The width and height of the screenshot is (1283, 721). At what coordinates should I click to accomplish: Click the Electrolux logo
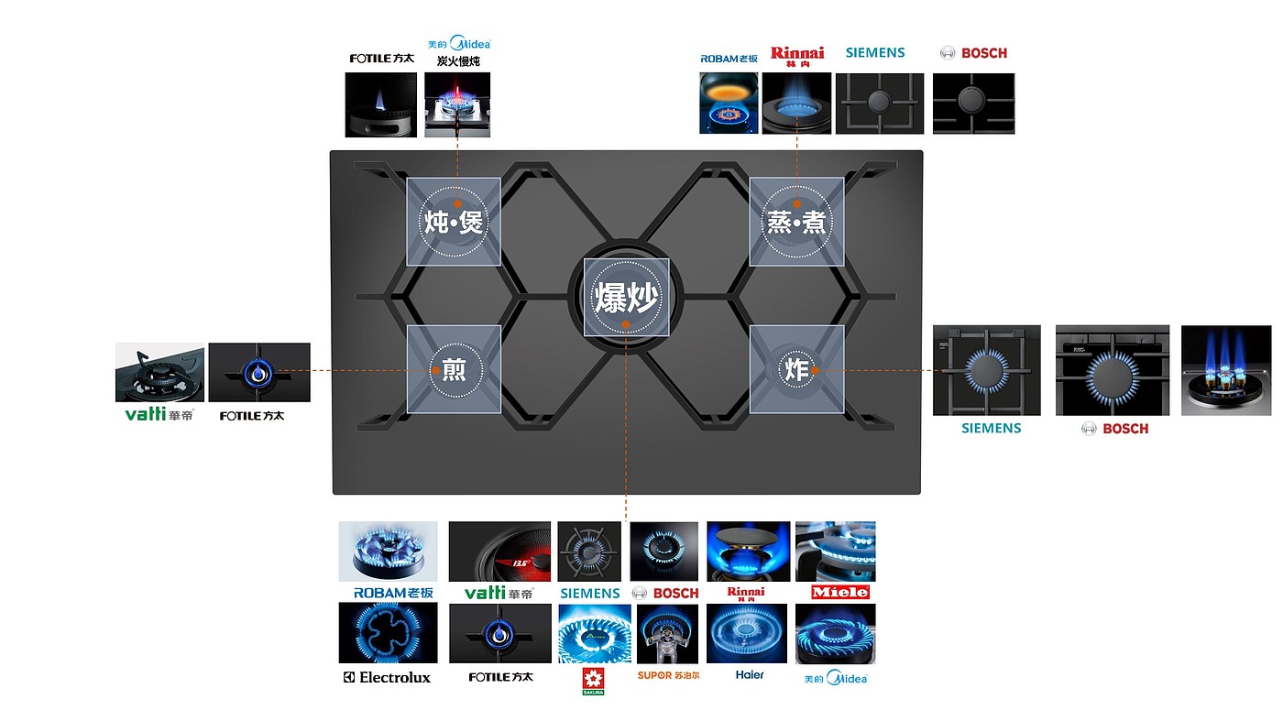pos(386,677)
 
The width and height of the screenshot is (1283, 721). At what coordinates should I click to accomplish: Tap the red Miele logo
pos(840,592)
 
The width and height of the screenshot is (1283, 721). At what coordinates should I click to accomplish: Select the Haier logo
pos(749,675)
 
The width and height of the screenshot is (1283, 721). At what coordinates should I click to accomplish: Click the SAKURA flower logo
pos(593,681)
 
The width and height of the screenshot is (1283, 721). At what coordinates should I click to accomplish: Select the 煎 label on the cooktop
pos(454,370)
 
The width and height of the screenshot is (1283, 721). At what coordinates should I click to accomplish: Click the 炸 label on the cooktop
pos(795,369)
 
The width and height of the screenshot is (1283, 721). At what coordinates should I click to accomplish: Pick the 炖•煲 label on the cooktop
pos(453,222)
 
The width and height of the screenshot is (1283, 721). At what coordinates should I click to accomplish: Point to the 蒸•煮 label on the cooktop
pos(795,222)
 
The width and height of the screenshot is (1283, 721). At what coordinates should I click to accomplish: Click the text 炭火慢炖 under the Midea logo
pos(458,61)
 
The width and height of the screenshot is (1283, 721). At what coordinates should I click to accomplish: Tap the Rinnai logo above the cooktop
pos(797,55)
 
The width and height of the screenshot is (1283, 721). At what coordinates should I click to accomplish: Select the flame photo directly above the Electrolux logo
pos(388,633)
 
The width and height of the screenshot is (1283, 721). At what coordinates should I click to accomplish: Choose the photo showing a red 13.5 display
pos(499,552)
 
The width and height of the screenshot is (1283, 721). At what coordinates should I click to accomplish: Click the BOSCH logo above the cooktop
pos(974,53)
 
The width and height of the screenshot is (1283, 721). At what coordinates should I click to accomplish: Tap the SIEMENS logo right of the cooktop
pos(991,428)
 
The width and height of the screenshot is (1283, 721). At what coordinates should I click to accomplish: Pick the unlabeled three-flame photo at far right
pos(1226,370)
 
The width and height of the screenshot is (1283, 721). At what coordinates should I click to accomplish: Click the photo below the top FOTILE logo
pos(380,105)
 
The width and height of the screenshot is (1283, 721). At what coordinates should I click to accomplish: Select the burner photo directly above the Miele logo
pos(835,552)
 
